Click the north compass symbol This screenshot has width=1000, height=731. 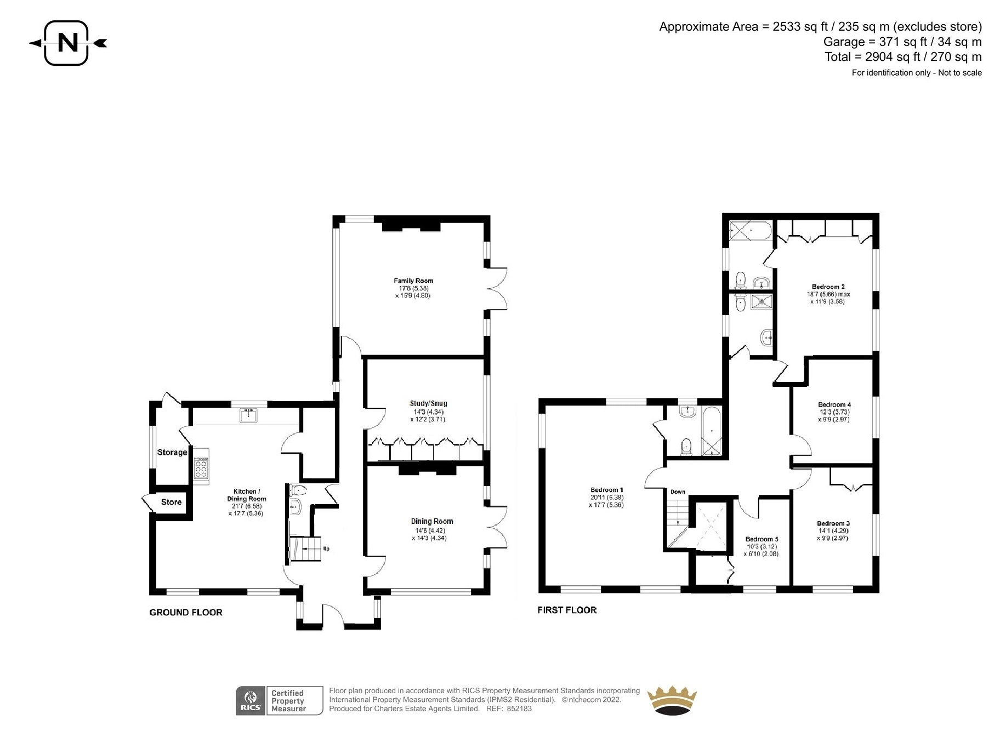[67, 43]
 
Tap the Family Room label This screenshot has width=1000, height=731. [413, 281]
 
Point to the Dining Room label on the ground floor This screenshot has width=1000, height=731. [432, 521]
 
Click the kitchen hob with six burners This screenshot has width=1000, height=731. [201, 466]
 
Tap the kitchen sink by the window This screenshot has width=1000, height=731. [249, 415]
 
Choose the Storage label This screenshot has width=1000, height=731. [172, 452]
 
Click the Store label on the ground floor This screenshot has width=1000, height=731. [171, 502]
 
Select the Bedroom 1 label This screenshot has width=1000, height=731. [607, 490]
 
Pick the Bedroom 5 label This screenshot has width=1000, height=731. [762, 539]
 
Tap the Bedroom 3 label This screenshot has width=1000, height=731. [833, 523]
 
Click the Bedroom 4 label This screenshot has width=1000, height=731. [834, 405]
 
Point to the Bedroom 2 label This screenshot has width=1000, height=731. [828, 287]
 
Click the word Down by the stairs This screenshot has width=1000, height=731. [678, 492]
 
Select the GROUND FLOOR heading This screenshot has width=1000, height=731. [186, 613]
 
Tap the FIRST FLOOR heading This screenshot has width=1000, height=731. [567, 610]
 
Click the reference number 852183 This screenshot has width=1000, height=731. [519, 709]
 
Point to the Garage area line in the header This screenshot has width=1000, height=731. [902, 42]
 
